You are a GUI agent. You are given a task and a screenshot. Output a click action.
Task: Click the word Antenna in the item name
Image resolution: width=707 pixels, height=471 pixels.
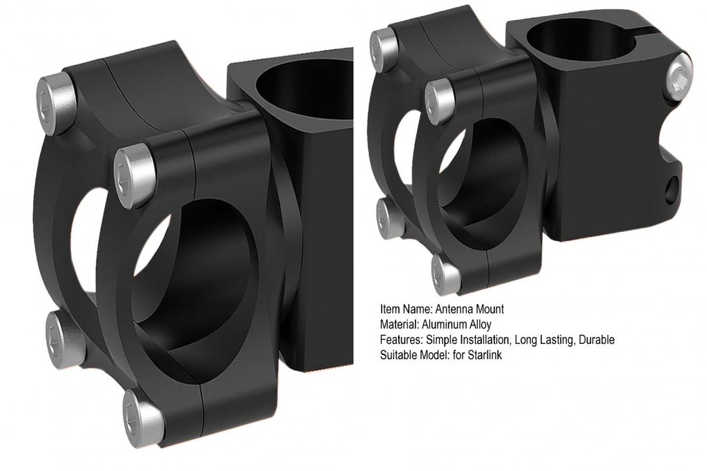(x=454, y=309)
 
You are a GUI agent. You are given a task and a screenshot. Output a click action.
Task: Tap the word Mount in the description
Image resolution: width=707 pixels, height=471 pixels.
(x=490, y=309)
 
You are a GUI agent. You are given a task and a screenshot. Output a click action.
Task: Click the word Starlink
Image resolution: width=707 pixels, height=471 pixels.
(x=485, y=354)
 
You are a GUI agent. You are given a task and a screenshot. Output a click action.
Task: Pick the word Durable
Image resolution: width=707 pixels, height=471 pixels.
(x=597, y=339)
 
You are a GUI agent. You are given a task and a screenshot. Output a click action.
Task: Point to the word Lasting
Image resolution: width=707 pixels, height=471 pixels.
(x=559, y=340)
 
